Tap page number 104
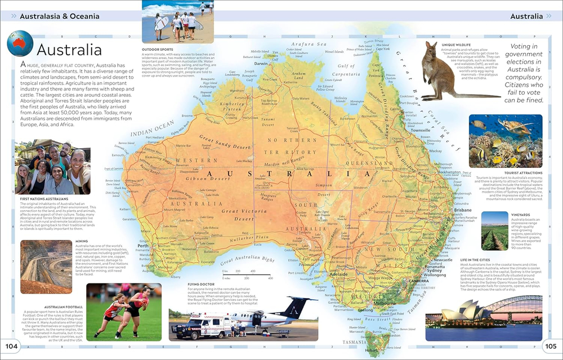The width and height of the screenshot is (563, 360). [x=11, y=345]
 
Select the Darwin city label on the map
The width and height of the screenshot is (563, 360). [x=261, y=64]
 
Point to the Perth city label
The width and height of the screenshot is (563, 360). [x=142, y=246]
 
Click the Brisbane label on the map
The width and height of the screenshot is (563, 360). [x=463, y=210]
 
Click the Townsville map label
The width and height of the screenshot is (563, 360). [x=421, y=130]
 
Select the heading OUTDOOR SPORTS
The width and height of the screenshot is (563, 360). [x=160, y=50]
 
